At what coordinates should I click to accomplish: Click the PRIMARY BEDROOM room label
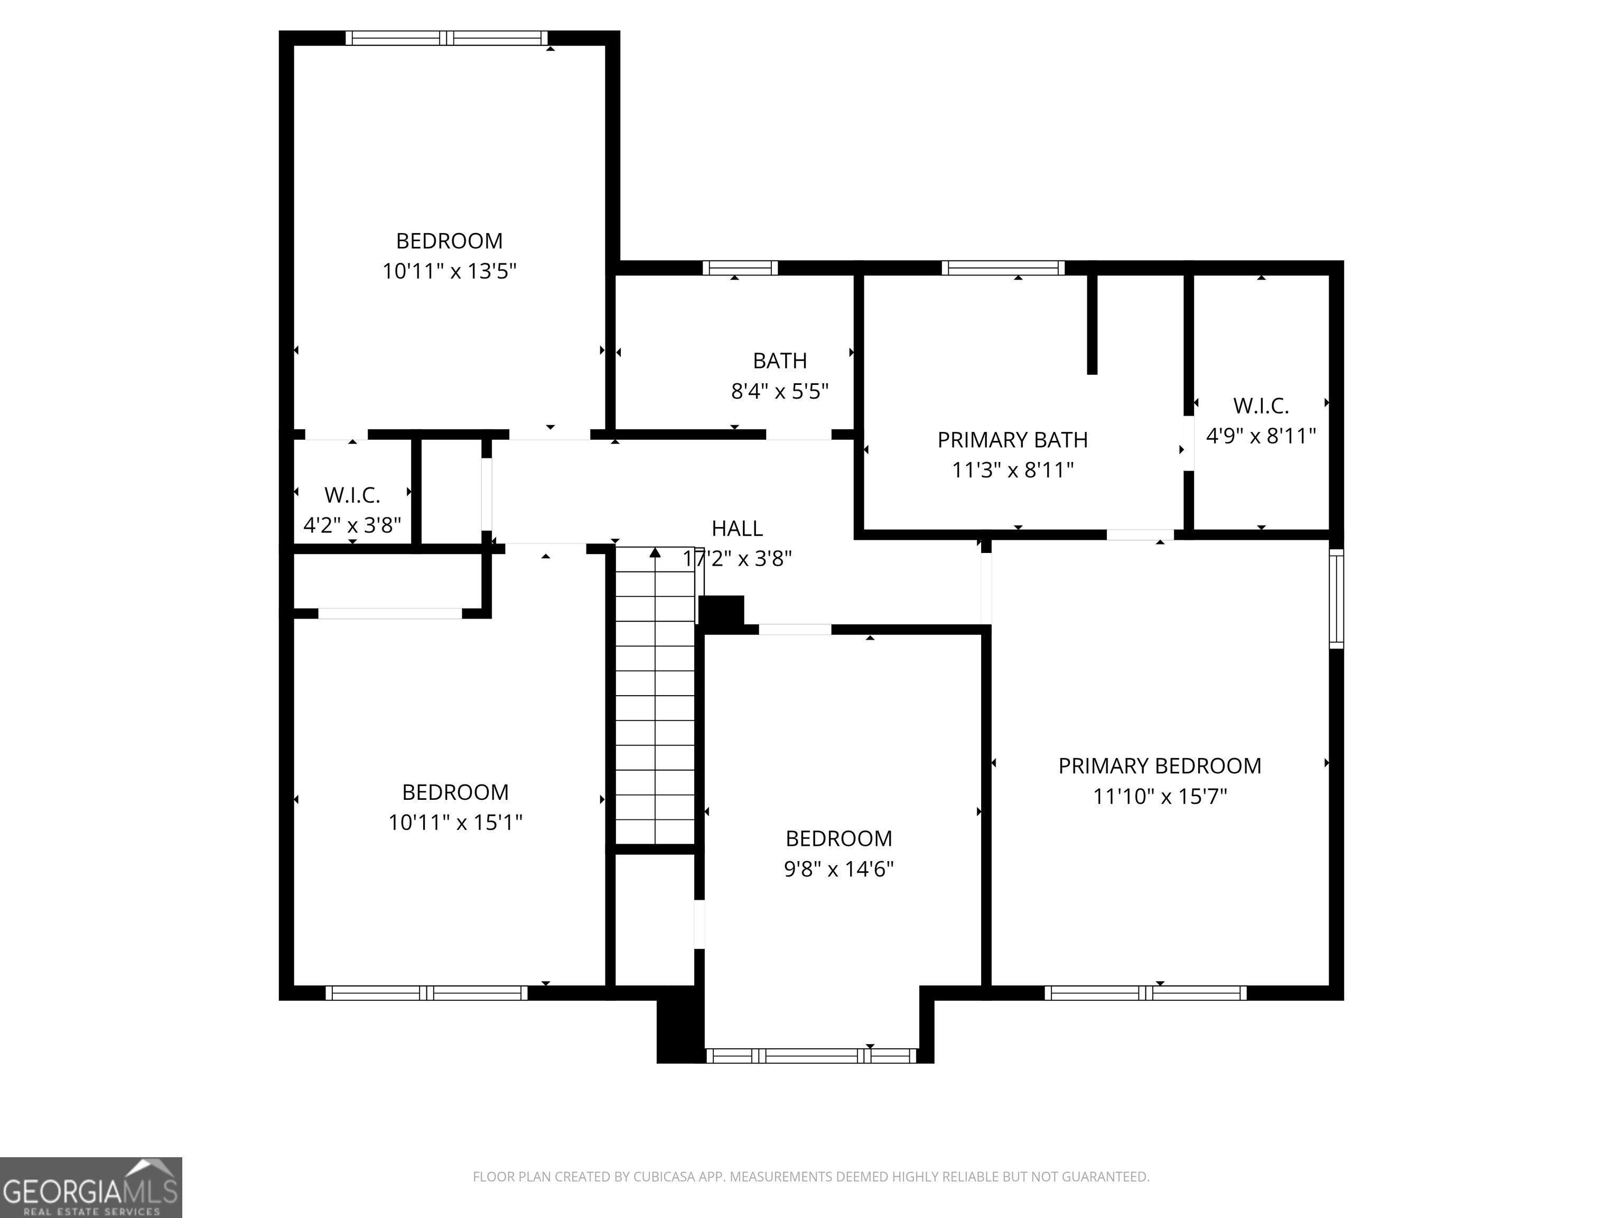(1159, 766)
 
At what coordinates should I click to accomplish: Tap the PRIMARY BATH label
(1013, 440)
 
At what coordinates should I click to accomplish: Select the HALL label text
(738, 529)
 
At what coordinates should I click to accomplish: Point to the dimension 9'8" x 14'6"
(838, 869)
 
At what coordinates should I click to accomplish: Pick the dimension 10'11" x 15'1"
(455, 822)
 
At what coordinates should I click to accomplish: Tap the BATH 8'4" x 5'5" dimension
(780, 391)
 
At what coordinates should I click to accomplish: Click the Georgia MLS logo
(91, 1187)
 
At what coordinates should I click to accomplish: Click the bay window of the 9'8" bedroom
(811, 1056)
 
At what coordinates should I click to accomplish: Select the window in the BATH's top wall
(740, 267)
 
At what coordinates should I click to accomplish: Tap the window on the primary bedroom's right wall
(1337, 598)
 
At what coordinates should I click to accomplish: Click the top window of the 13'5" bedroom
(447, 38)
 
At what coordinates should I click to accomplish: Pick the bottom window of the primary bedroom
(1145, 993)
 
